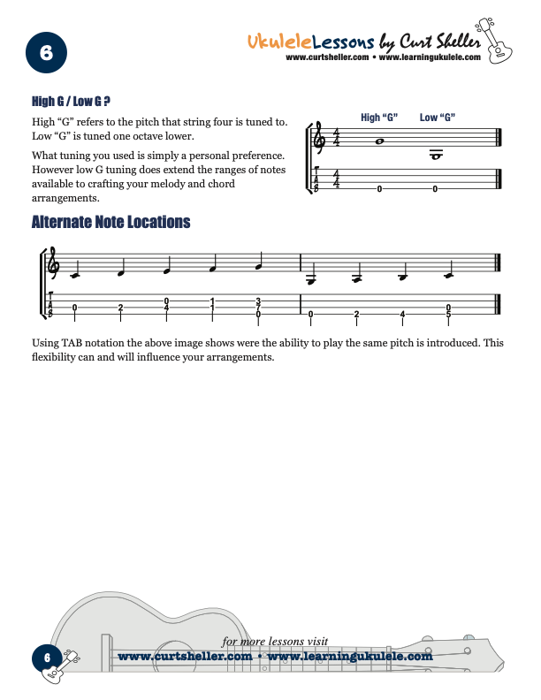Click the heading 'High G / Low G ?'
(70, 103)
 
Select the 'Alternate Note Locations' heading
(110, 222)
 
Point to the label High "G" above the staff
(379, 118)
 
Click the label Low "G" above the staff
(437, 118)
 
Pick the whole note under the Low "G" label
(435, 155)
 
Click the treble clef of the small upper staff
(318, 140)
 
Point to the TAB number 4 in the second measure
(403, 314)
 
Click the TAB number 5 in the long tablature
(449, 315)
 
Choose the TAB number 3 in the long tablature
(258, 301)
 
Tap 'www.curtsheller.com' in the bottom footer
(185, 657)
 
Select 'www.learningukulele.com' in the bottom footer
(349, 657)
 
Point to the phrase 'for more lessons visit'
(275, 642)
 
